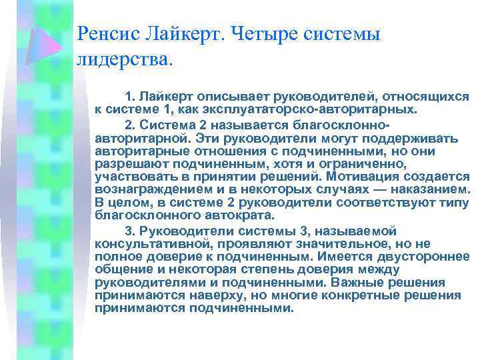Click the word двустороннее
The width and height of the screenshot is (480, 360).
(430, 256)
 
